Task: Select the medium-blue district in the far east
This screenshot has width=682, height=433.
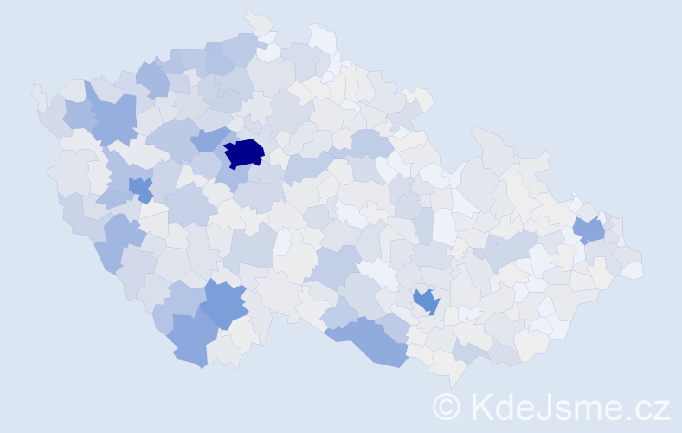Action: (589, 230)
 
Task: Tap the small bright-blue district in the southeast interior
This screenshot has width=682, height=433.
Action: (426, 301)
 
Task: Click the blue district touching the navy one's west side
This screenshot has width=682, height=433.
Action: (207, 139)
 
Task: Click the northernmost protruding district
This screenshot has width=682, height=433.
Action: (256, 21)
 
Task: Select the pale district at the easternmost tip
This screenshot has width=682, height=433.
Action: (633, 269)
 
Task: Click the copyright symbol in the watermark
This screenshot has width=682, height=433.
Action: (447, 406)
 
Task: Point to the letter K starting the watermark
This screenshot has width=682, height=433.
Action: (483, 406)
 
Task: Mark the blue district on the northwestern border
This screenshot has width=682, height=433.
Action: (153, 79)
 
